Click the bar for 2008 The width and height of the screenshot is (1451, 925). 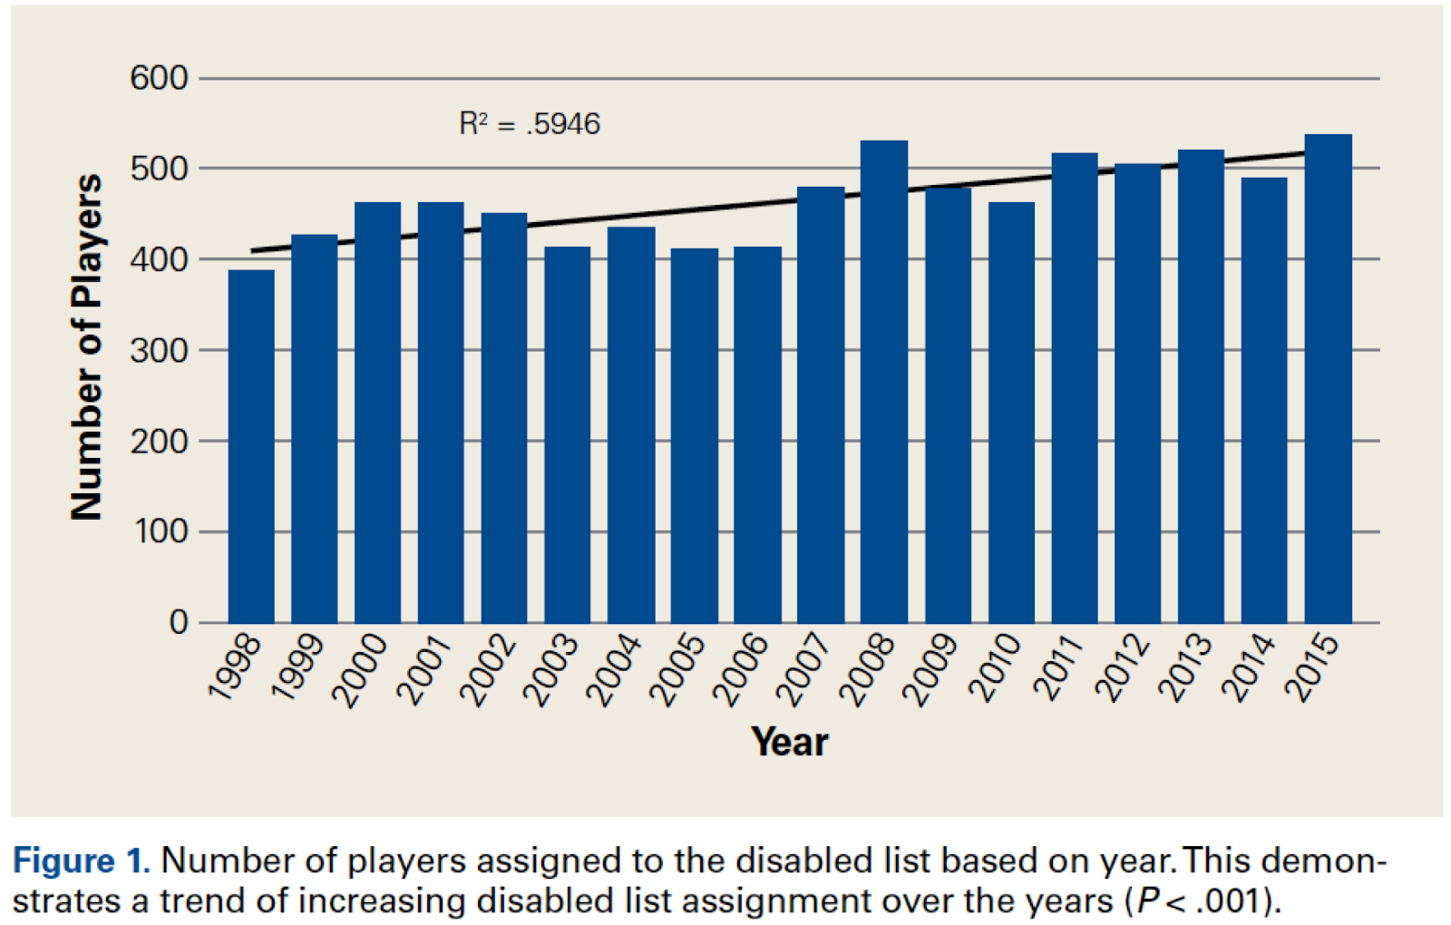[x=884, y=381]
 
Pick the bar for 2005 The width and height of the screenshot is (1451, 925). [x=695, y=435]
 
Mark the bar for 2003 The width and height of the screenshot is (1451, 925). [x=568, y=434]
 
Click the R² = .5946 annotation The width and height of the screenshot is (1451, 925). [x=530, y=123]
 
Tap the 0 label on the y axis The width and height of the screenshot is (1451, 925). [x=179, y=623]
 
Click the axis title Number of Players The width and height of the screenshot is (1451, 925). [x=87, y=347]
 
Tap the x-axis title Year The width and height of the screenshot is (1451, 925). [x=789, y=742]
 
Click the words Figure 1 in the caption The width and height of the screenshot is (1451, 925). [x=80, y=860]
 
